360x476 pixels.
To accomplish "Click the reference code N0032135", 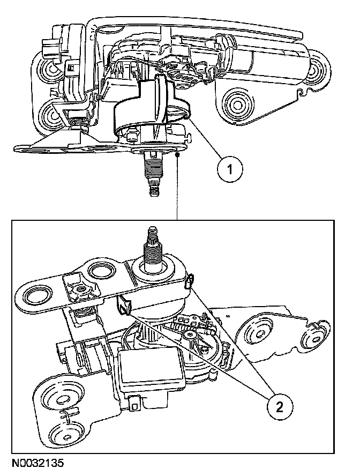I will pos(36,461).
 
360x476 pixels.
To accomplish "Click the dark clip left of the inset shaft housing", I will pos(124,306).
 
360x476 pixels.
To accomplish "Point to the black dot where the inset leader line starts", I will pos(177,154).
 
